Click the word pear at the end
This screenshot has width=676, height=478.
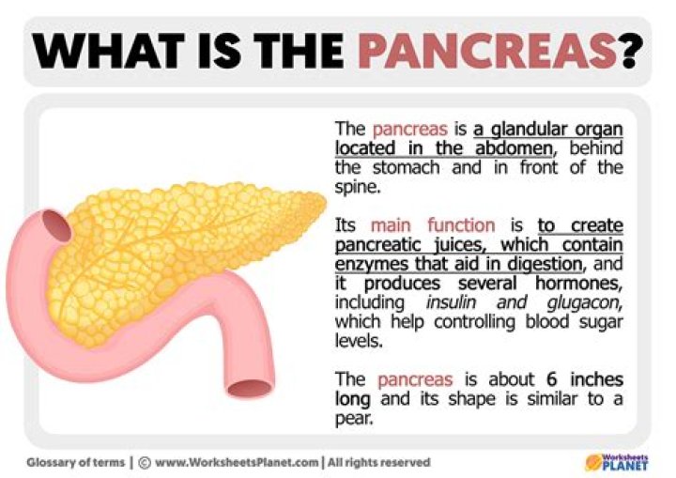click(x=353, y=419)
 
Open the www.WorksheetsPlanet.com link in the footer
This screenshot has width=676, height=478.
click(x=235, y=462)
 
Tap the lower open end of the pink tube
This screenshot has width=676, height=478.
click(x=251, y=385)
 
